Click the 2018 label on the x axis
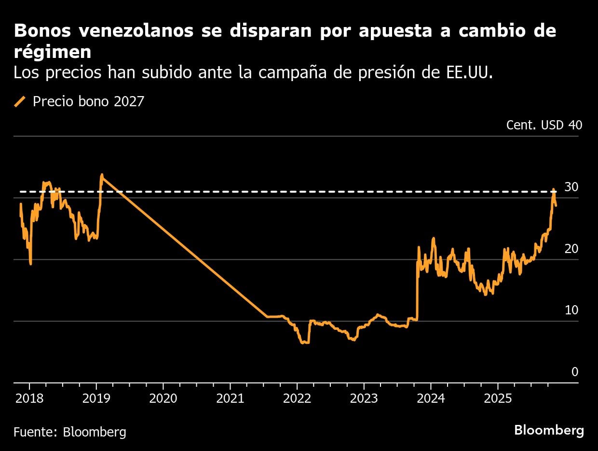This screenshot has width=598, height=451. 29,399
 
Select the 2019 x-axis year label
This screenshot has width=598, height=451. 96,399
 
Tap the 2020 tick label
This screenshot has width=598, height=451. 163,399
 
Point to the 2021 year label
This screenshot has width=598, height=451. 230,399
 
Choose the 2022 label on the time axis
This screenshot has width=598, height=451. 297,399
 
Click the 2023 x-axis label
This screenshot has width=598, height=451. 364,399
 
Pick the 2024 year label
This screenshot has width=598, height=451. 431,399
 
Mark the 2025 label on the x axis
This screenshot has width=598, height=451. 498,399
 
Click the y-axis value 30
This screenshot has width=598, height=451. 571,187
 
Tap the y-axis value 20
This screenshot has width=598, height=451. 571,249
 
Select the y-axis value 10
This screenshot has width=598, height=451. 571,310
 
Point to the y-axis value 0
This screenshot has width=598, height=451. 575,372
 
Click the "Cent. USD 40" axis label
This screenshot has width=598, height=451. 544,125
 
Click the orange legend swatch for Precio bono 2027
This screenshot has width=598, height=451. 20,102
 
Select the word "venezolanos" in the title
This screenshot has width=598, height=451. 136,31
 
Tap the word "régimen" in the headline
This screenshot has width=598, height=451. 53,52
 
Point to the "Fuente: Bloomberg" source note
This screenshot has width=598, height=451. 70,432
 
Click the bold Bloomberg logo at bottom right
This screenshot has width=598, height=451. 549,431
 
